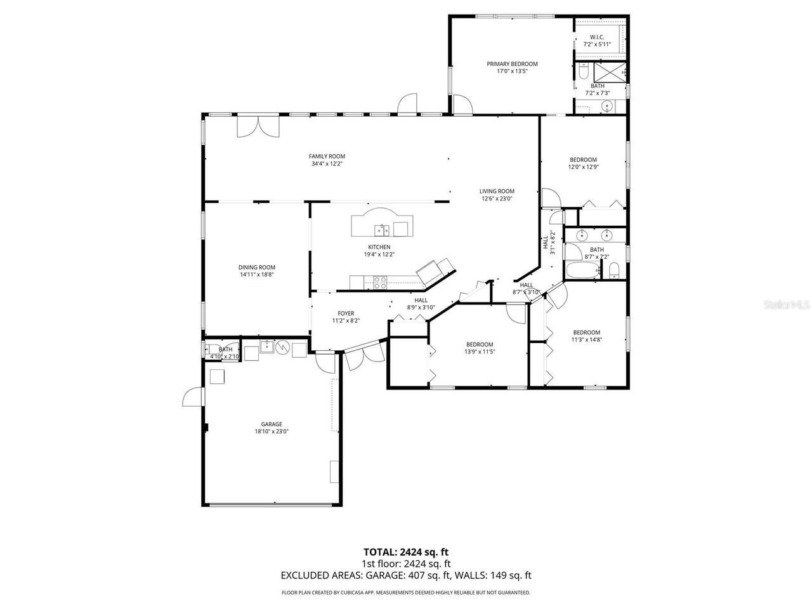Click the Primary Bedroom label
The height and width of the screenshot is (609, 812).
point(512,64)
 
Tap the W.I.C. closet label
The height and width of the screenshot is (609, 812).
point(596,37)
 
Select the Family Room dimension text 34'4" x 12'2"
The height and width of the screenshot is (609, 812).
point(327,164)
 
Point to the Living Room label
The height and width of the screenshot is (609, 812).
point(496,191)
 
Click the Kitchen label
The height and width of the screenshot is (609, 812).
point(379,247)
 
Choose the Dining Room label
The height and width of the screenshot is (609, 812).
point(257,267)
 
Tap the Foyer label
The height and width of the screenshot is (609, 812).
point(346,313)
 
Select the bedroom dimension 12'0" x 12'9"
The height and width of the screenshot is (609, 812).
point(583,167)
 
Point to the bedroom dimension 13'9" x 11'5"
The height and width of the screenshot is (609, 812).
point(479,351)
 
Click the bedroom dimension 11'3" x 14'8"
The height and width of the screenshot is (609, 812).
point(586,339)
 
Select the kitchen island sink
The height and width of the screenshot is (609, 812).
point(382,228)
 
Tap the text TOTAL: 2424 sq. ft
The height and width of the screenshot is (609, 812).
point(406,552)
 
